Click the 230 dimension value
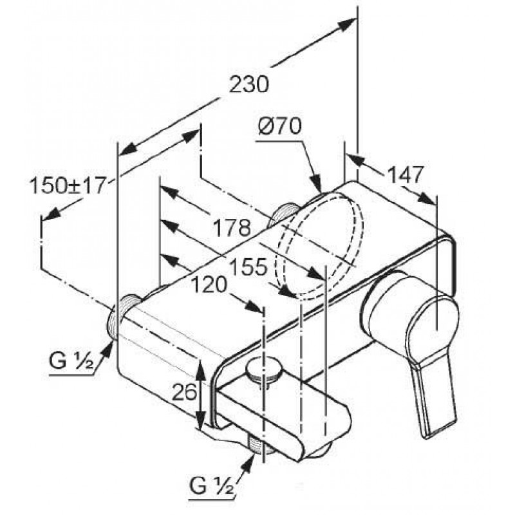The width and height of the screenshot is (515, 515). point(248,85)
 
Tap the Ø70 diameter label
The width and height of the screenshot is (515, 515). point(279,126)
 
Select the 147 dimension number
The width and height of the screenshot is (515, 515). point(405,174)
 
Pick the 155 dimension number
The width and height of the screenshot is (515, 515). point(248,267)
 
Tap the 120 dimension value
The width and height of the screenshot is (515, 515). point(209,285)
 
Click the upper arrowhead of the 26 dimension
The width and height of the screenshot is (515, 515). point(200,366)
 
